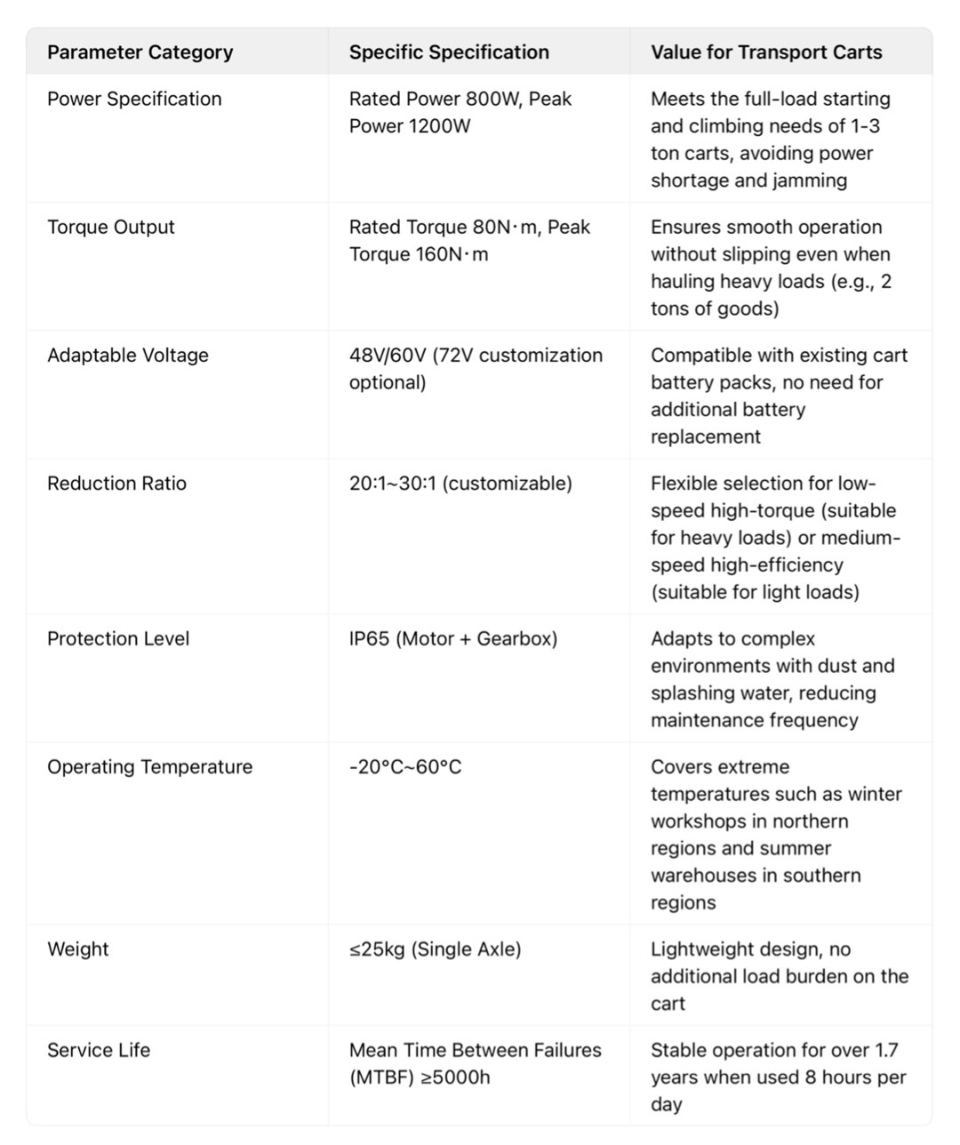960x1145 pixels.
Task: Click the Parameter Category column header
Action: click(140, 52)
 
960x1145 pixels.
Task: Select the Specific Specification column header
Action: click(449, 52)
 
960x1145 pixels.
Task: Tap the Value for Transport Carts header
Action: click(766, 52)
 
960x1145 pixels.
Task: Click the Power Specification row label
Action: click(134, 99)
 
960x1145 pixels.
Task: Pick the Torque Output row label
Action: click(111, 227)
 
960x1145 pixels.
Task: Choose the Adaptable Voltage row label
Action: click(128, 355)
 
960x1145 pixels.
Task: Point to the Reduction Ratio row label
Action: click(116, 483)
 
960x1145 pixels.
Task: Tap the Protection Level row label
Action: click(118, 638)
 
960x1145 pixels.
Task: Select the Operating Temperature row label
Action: click(149, 766)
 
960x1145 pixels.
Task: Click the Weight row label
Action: click(78, 949)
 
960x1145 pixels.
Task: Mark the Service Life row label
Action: click(99, 1050)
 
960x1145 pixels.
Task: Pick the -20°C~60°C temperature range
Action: click(405, 766)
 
